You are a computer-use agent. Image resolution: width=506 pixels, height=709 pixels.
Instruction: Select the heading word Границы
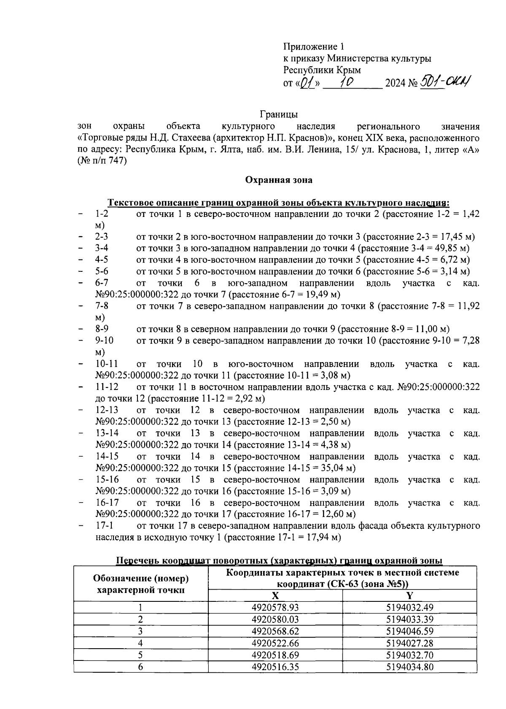pos(279,114)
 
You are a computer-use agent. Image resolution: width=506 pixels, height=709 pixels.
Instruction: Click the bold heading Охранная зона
pos(279,180)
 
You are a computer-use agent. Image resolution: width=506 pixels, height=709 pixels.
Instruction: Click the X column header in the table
pos(275,595)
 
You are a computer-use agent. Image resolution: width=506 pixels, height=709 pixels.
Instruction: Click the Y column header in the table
pos(409,595)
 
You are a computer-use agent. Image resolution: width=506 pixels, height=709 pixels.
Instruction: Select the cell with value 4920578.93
pos(275,608)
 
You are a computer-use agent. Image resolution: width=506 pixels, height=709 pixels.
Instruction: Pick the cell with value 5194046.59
pos(409,631)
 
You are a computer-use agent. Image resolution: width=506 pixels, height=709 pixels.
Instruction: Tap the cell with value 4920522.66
pos(275,643)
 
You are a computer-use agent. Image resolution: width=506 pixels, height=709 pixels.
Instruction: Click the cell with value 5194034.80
pos(409,667)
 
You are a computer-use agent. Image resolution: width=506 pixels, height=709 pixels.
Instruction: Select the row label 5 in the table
pos(140,655)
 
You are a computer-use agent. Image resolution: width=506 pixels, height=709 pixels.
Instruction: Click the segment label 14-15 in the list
pos(107,456)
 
